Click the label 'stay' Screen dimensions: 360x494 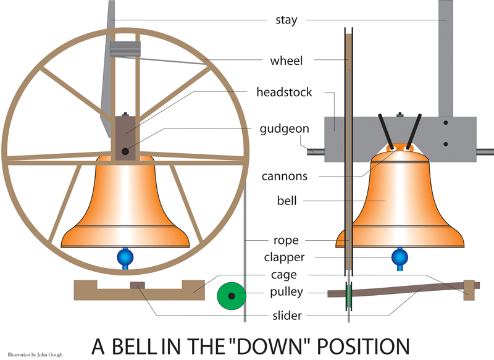[286, 20]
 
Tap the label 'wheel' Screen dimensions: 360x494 [287, 61]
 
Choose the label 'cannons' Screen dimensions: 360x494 [284, 176]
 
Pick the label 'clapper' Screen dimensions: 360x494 [284, 257]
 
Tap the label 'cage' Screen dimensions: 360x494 [284, 275]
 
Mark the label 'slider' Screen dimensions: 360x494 [286, 316]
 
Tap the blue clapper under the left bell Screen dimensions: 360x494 [125, 257]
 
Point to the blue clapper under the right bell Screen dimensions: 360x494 [400, 256]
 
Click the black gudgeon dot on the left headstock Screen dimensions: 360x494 [125, 151]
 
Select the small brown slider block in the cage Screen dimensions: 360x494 [138, 285]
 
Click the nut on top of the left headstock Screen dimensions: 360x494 [125, 114]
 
